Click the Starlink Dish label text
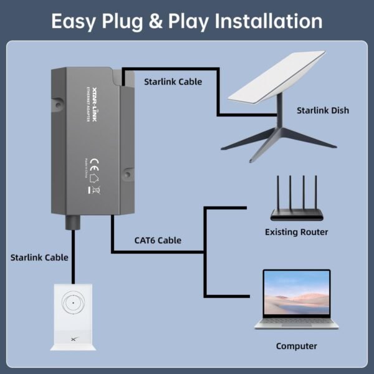point(322,110)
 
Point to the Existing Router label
point(296,232)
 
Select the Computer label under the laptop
point(296,346)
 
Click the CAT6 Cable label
point(158,240)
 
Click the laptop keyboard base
point(297,325)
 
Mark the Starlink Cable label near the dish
point(173,82)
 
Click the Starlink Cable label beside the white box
point(39,257)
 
